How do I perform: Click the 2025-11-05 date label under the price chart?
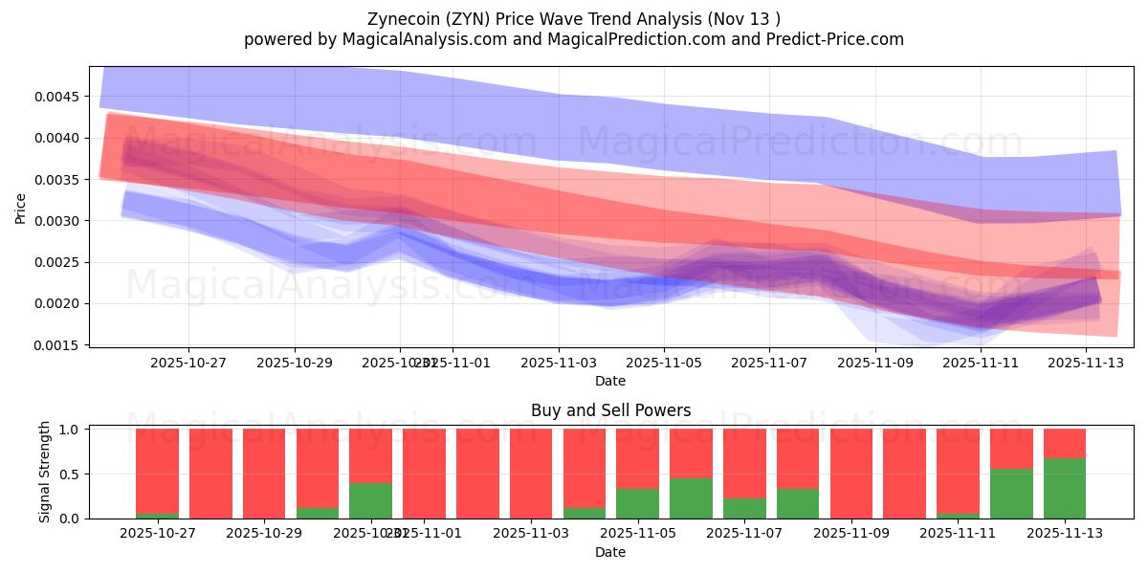(664, 364)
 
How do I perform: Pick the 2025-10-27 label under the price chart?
(188, 364)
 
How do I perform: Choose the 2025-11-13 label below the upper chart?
(1086, 364)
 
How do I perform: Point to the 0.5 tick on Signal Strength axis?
(72, 475)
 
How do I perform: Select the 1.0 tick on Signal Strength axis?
(72, 430)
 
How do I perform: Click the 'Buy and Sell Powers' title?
(610, 410)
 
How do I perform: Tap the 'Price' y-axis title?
(21, 207)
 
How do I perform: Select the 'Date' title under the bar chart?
(610, 552)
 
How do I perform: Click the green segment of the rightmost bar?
(1064, 489)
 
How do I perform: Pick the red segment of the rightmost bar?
(1064, 444)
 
